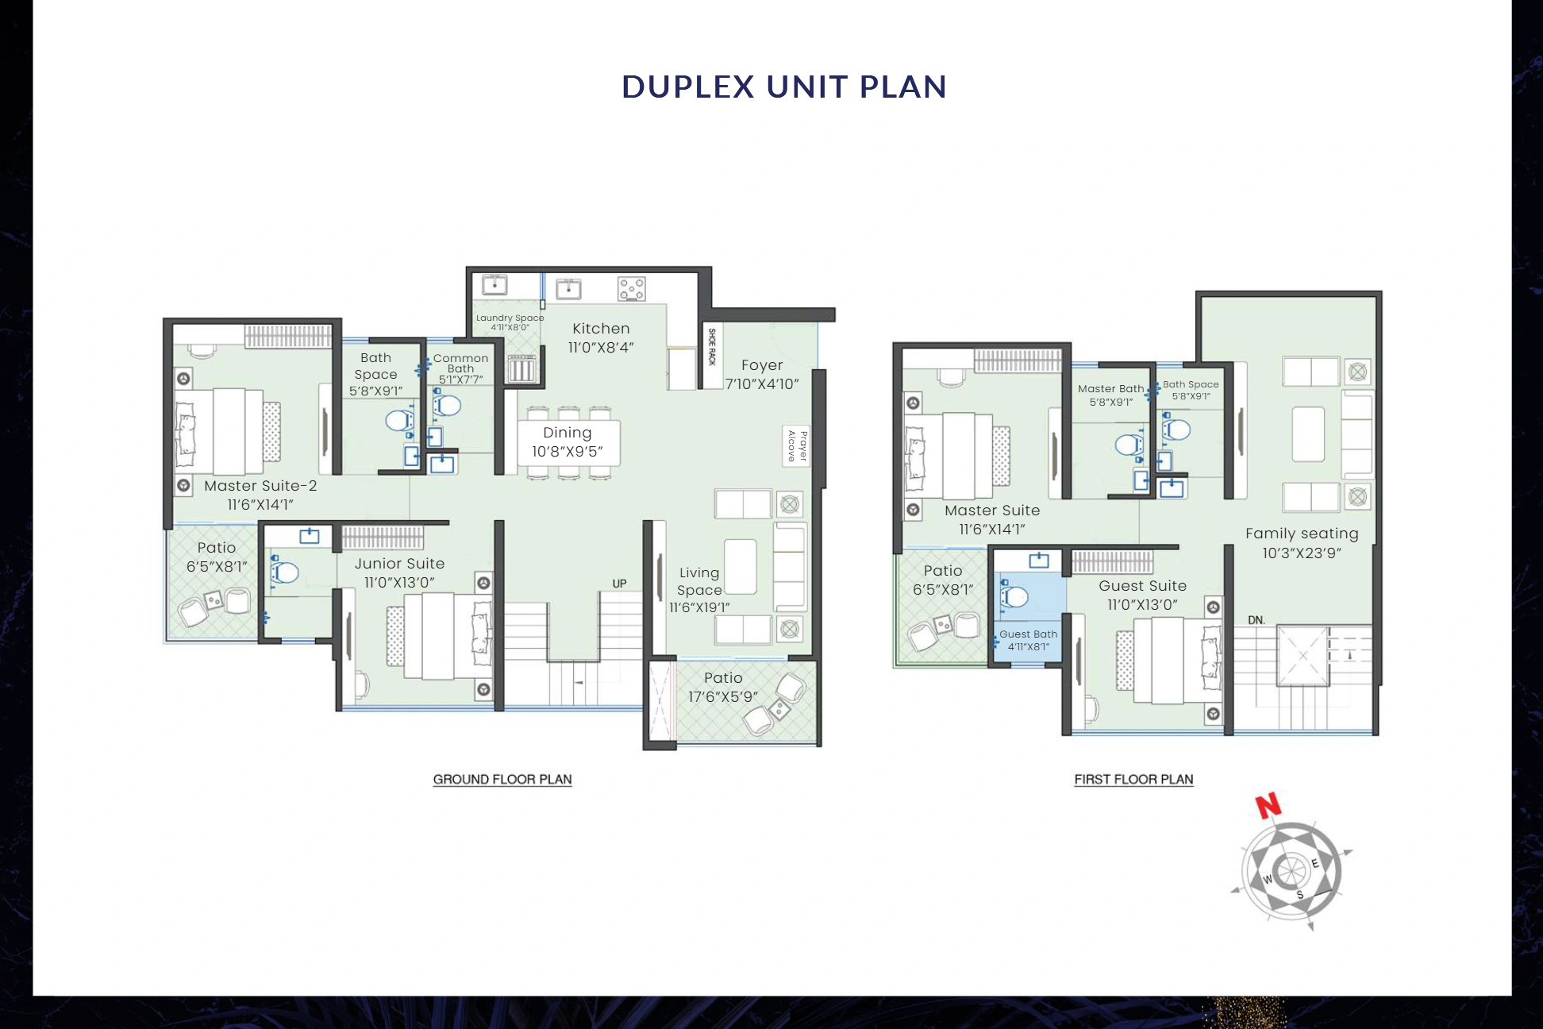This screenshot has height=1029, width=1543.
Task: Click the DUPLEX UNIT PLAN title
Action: click(783, 87)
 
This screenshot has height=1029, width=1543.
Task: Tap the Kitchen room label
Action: click(601, 329)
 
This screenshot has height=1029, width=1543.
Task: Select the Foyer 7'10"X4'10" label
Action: click(762, 374)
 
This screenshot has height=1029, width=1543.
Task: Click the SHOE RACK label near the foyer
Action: click(711, 347)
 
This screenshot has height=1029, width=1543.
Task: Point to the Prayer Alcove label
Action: click(797, 446)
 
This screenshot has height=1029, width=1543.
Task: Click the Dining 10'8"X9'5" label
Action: click(567, 442)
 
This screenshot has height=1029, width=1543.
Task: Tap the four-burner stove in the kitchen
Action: click(632, 289)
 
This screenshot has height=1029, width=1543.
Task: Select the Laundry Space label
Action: click(510, 322)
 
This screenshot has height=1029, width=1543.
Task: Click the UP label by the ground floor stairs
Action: click(619, 584)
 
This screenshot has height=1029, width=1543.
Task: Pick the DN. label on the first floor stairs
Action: click(1256, 620)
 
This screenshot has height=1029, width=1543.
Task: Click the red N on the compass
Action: click(1268, 806)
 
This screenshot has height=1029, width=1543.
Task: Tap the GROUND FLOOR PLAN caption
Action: click(502, 780)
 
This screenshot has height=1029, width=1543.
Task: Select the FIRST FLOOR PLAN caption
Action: click(1133, 780)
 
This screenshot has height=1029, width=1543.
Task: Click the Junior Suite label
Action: click(399, 564)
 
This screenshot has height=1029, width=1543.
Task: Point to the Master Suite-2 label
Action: click(260, 486)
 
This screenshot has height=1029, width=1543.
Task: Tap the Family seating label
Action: click(1302, 534)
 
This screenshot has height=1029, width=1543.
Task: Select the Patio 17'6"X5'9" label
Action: click(723, 687)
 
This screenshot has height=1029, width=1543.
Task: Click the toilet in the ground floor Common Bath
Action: click(447, 406)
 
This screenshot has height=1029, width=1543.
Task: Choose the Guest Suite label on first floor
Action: click(1142, 586)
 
